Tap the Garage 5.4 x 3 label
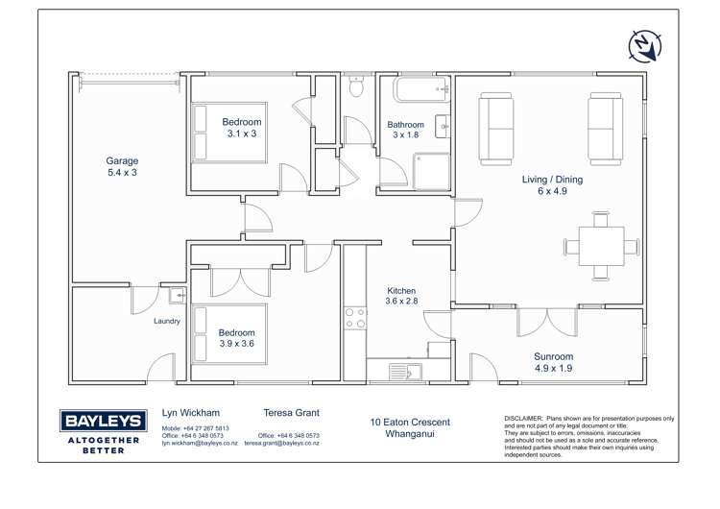[x=122, y=167]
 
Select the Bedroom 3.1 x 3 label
[x=241, y=128]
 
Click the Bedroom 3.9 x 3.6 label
[x=237, y=338]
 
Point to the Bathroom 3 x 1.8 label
[x=405, y=130]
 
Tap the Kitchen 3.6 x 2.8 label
[x=402, y=296]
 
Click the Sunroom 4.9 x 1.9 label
[x=553, y=362]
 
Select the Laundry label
[x=166, y=322]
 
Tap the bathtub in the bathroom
[x=417, y=93]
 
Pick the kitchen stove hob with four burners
[x=355, y=318]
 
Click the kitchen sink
[x=399, y=371]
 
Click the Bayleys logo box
[x=103, y=421]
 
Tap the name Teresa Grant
[x=291, y=413]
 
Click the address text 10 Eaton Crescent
[x=410, y=422]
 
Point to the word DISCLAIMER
[x=523, y=419]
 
